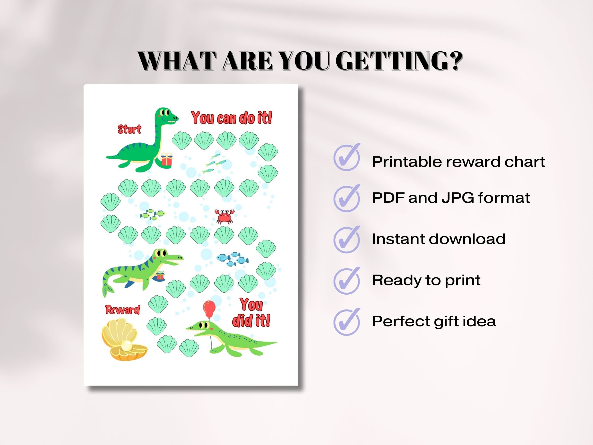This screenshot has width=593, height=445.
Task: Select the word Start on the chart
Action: pos(129,129)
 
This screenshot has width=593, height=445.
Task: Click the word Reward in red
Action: pos(123,310)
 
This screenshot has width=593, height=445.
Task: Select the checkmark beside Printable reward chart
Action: pos(347,158)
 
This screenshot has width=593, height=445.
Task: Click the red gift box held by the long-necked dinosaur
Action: pos(167,159)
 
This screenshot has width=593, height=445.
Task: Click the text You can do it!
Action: pos(232,118)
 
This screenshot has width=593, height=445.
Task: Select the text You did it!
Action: pos(251,313)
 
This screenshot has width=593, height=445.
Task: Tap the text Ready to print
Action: pos(426,280)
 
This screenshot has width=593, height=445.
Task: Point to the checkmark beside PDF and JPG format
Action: pos(347,198)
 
